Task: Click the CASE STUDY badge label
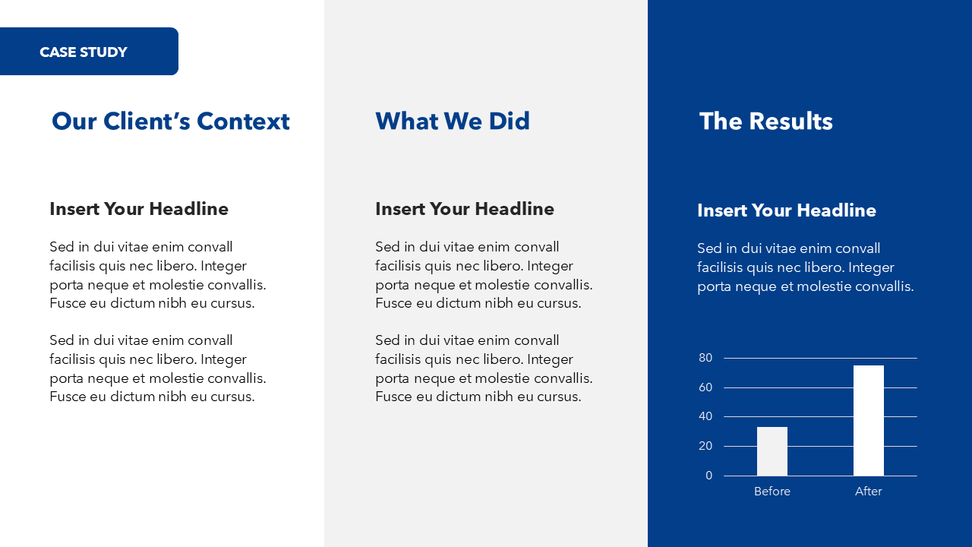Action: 84,52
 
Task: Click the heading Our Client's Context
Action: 171,121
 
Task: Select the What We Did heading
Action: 453,121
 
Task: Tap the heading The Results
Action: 766,121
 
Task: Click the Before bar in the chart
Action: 772,451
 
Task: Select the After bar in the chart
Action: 868,421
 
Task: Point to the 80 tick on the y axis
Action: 705,358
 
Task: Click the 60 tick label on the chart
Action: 705,387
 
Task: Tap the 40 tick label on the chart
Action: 705,416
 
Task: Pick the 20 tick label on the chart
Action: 705,446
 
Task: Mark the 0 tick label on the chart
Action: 709,476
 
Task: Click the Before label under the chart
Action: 772,491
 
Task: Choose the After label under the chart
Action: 868,491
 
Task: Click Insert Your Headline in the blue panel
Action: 787,210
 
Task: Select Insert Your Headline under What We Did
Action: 465,209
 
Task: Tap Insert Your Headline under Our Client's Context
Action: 139,209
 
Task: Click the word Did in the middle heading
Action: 510,121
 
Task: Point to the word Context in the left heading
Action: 243,121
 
